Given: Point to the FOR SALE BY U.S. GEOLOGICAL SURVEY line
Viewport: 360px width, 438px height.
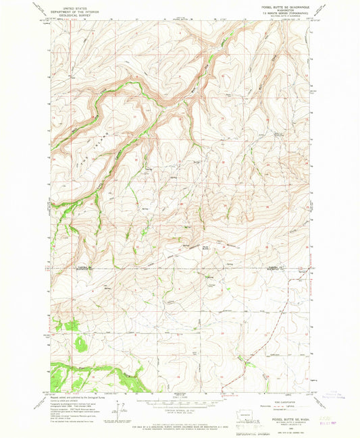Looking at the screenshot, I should tap(178, 420).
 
